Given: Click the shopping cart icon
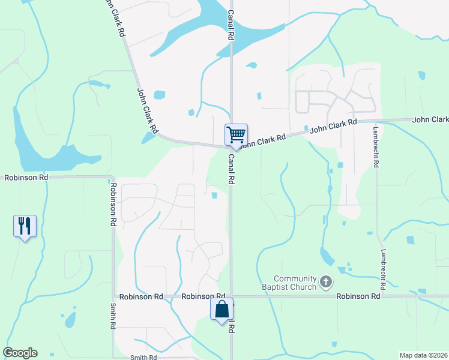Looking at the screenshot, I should click(x=236, y=134).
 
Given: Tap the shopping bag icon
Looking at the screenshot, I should click(x=221, y=310).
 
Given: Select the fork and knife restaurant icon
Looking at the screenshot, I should click(x=25, y=226).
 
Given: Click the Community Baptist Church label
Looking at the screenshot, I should click(x=295, y=283).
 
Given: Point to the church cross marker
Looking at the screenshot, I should click(x=326, y=281).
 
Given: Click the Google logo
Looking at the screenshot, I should click(x=20, y=353).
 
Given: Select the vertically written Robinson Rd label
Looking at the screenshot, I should click(x=112, y=205).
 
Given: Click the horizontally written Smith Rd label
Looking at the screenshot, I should click(x=143, y=358).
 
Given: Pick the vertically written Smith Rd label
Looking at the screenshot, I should click(x=112, y=316).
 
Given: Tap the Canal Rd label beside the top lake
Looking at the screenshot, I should click(x=230, y=25).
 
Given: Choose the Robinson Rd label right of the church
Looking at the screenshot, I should click(x=358, y=296).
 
